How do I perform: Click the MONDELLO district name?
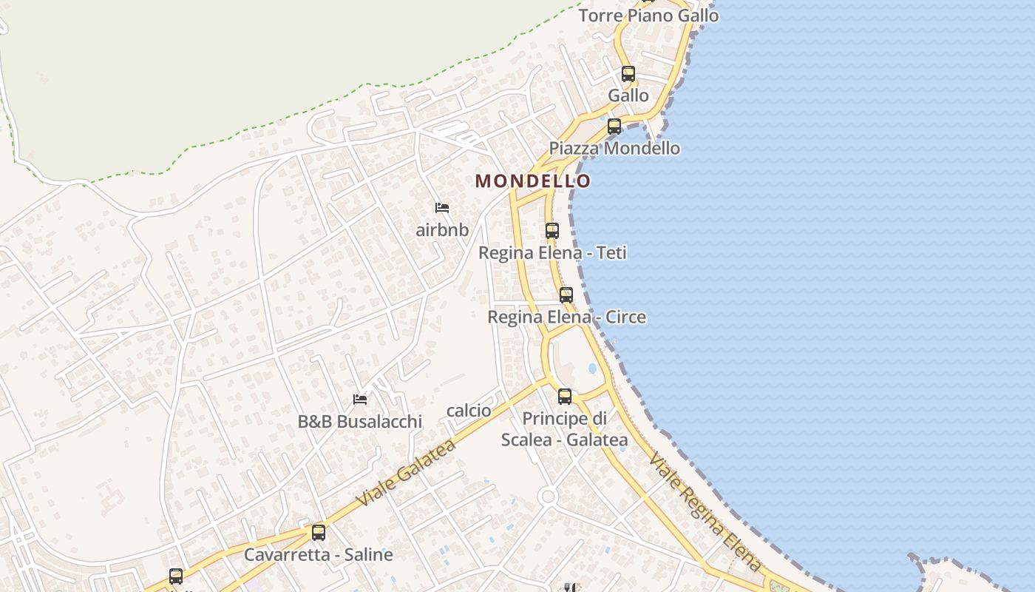(x=532, y=181)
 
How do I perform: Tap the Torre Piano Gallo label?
(x=648, y=16)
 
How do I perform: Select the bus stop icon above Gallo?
(x=628, y=74)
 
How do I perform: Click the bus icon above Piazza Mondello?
(x=614, y=127)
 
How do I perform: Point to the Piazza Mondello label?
(x=614, y=148)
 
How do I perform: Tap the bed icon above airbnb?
(x=442, y=208)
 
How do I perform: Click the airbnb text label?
(x=442, y=229)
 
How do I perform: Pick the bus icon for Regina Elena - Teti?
(x=552, y=231)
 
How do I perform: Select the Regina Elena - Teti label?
(x=552, y=252)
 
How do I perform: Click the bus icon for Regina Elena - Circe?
(x=566, y=295)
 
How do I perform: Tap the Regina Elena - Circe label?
(x=566, y=317)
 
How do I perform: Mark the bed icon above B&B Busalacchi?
(x=360, y=400)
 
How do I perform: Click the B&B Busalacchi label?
(x=360, y=421)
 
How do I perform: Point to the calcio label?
(x=469, y=411)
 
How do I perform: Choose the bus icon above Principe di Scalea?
(x=565, y=397)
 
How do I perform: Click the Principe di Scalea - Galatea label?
(x=565, y=429)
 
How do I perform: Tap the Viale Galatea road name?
(x=406, y=473)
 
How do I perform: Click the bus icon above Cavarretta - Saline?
(x=319, y=533)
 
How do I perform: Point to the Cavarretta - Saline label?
(x=319, y=554)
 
